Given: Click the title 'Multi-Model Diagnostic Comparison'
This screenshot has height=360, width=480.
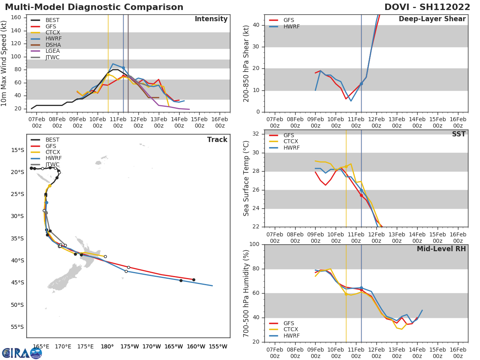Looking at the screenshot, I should coord(94,7).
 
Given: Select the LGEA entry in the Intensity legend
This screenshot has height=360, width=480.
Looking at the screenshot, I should coord(52,51).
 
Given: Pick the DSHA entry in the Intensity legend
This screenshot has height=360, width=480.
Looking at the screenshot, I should coord(53,45).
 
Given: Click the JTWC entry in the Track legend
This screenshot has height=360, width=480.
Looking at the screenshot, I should coord(52,164).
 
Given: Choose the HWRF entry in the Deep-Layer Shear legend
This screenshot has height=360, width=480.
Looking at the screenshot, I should coord(291,26).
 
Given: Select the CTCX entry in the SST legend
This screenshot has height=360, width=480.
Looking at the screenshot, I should coord(291,142).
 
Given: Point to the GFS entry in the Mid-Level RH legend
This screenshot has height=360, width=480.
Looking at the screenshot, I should coord(288,323).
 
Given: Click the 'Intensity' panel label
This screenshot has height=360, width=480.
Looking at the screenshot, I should coord(211,19).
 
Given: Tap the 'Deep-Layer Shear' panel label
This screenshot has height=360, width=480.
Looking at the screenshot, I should coord(432,19).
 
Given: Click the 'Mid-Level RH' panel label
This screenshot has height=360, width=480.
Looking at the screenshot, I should coord(441,249).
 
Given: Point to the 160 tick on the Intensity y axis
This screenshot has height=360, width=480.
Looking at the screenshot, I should coord(16,17).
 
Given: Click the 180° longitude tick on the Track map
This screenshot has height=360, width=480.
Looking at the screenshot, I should coord(107,346).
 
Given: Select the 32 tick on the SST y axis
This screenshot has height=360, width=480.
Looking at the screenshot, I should coord(257,134).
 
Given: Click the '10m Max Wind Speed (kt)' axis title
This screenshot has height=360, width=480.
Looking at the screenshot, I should coord(4,64).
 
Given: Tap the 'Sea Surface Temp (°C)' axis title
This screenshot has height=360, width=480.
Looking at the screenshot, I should coord(246,178).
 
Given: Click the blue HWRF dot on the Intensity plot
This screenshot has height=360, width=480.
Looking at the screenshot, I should coord(123,68).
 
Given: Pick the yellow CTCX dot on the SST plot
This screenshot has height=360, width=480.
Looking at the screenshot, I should coord(346,166).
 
